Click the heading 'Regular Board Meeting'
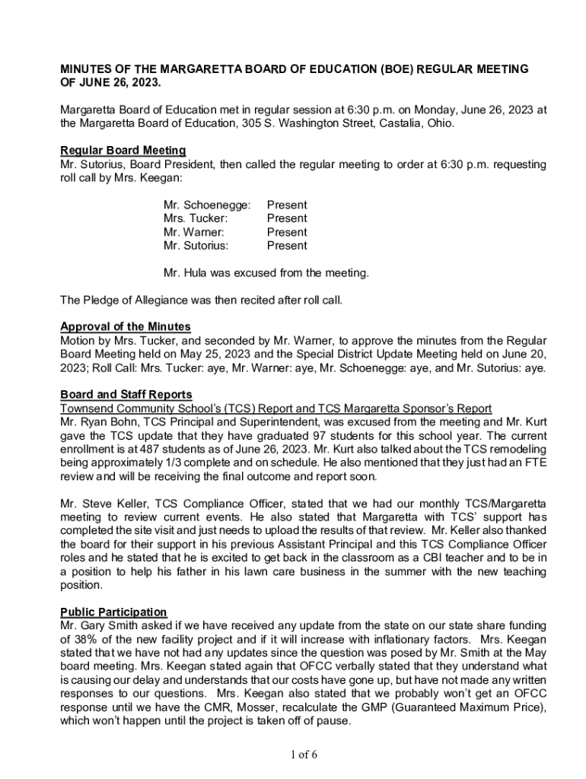pyautogui.click(x=123, y=151)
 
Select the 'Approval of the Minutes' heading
pyautogui.click(x=126, y=327)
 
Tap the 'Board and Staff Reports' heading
pyautogui.click(x=126, y=395)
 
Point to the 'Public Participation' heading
pyautogui.click(x=113, y=612)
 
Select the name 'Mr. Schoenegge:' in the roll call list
pyautogui.click(x=207, y=205)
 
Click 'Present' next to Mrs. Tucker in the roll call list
pyautogui.click(x=287, y=218)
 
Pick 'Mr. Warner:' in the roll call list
pyautogui.click(x=193, y=232)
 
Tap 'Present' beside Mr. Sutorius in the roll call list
pyautogui.click(x=287, y=246)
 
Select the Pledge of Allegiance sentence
pyautogui.click(x=202, y=300)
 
